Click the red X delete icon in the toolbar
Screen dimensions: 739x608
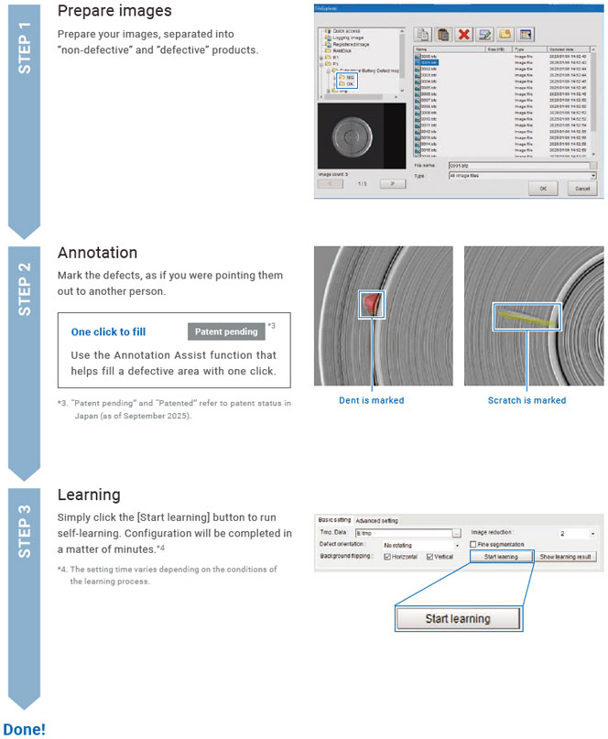pos(465,35)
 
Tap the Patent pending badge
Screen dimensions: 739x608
pos(224,331)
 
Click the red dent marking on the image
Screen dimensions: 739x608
pos(370,304)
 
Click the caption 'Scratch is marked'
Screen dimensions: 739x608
pos(527,400)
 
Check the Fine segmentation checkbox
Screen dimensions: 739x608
pos(473,544)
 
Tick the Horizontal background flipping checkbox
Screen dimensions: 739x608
pos(388,557)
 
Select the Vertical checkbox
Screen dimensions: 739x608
pos(430,557)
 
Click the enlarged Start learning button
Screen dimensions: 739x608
pos(457,618)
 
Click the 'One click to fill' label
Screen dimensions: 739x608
pos(108,331)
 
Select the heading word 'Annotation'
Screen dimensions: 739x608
pos(97,253)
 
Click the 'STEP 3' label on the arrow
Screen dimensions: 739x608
pos(25,530)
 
